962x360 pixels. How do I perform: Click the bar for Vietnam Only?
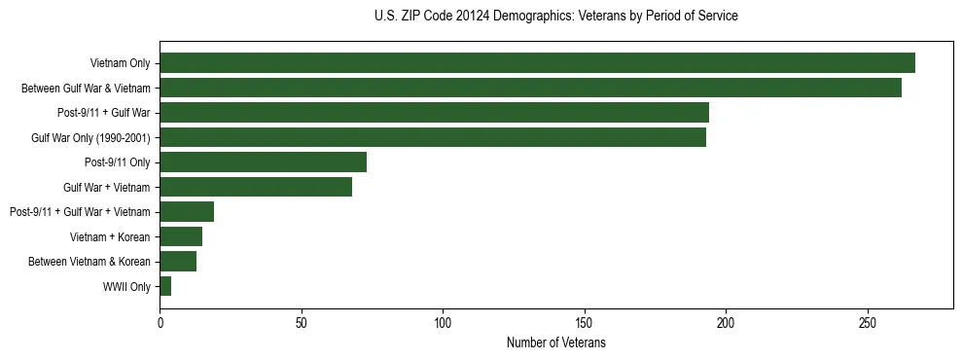pos(537,63)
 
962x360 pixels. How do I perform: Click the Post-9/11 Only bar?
pos(263,162)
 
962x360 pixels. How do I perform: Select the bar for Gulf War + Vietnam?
pos(256,187)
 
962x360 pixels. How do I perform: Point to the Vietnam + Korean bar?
pos(181,236)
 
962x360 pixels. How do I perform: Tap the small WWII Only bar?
pos(165,286)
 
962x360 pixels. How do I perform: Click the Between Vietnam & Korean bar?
pos(178,261)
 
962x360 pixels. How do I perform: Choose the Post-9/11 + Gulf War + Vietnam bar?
pos(187,212)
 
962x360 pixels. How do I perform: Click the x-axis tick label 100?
pos(443,322)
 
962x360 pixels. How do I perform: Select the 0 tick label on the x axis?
pos(160,322)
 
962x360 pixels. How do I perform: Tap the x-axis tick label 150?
pos(585,322)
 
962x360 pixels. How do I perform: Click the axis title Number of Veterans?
pos(555,343)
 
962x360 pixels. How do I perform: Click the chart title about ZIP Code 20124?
pos(555,17)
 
